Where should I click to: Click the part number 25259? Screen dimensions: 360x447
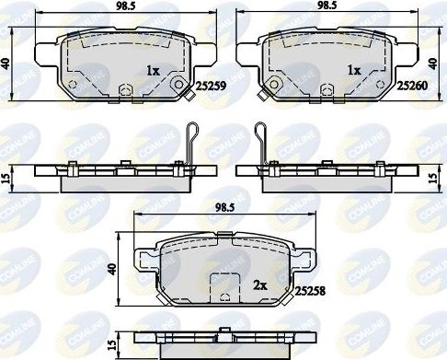point(210,84)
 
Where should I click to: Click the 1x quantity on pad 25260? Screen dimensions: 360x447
point(352,70)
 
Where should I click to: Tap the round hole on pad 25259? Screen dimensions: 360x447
point(178,84)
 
